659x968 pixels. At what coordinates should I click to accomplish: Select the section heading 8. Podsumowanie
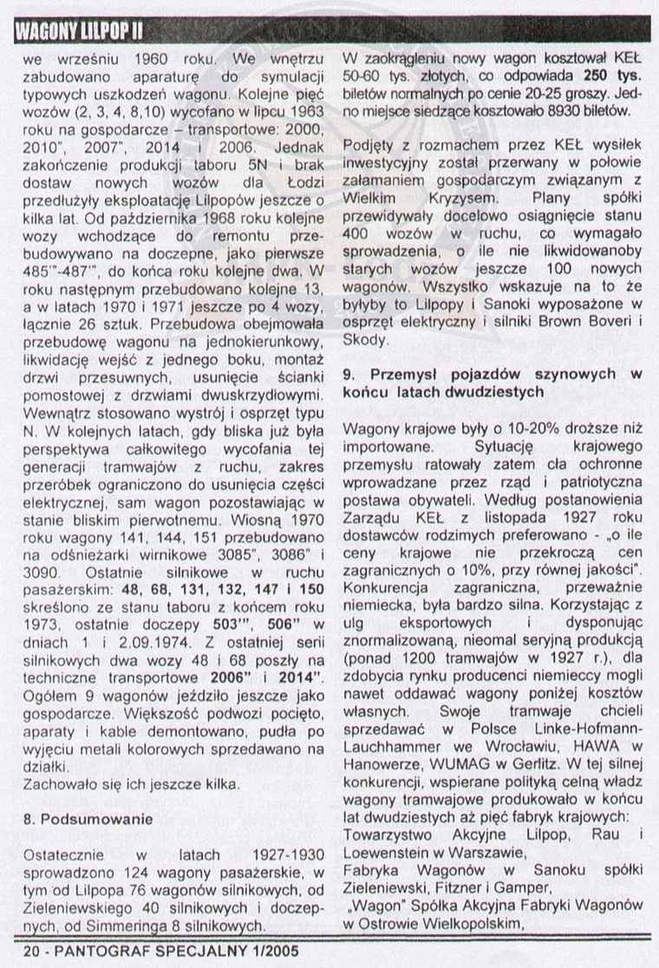(x=88, y=817)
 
